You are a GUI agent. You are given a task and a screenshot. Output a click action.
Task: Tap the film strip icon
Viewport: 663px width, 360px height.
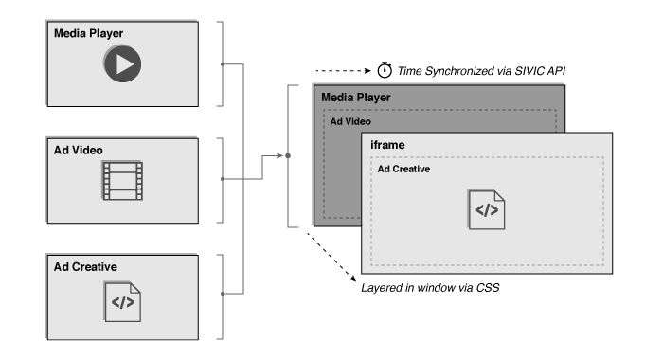point(122,180)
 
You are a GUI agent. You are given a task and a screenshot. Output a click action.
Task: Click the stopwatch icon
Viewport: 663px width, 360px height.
point(385,70)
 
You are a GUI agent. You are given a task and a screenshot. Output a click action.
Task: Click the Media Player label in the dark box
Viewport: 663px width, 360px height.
point(355,97)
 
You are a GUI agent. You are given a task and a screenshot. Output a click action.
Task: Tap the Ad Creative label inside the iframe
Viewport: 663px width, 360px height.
point(404,168)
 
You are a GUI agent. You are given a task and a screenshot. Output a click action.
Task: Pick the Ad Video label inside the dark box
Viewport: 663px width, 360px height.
point(349,121)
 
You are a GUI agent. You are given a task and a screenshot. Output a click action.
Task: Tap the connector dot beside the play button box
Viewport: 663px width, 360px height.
point(222,64)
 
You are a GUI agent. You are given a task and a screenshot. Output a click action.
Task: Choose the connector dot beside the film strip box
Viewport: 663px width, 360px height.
point(222,177)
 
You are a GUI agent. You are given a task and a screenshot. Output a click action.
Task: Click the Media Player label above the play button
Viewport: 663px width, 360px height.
point(89,33)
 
